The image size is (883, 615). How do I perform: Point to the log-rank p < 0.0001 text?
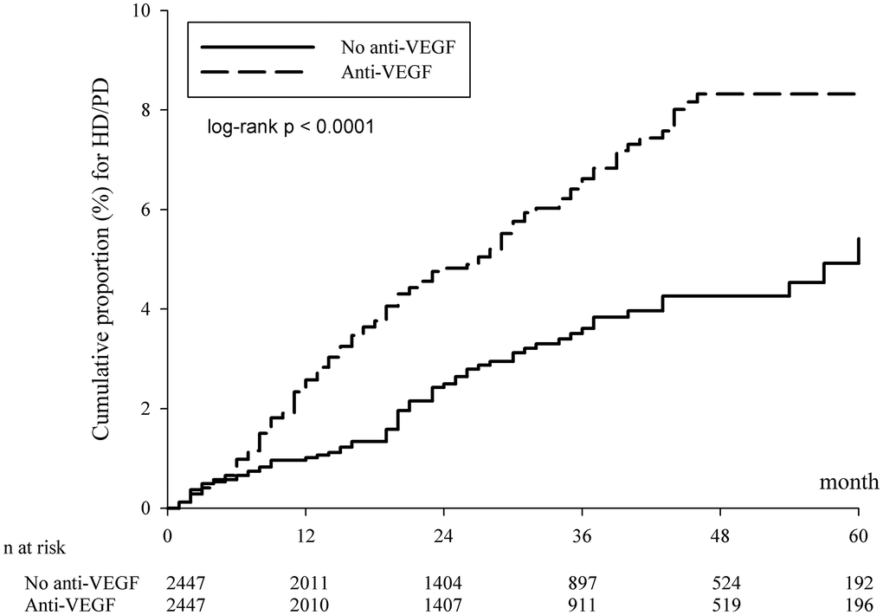click(289, 127)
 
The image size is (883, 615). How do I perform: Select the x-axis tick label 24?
click(442, 534)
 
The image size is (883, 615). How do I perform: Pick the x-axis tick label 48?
click(719, 534)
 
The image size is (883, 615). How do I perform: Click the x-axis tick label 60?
click(858, 534)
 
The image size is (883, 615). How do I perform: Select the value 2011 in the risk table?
click(304, 580)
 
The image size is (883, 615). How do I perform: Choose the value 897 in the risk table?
click(581, 580)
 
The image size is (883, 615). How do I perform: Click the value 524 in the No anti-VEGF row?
click(719, 580)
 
